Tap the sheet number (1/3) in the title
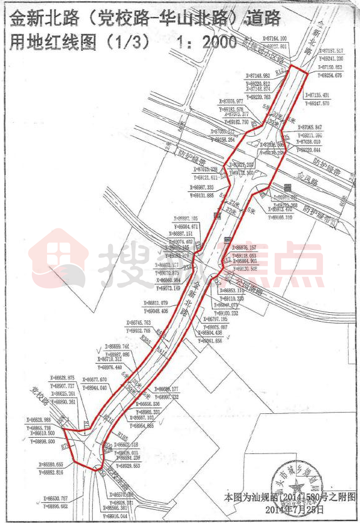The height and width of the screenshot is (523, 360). click(129, 43)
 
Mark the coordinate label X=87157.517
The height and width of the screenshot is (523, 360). click(331, 51)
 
